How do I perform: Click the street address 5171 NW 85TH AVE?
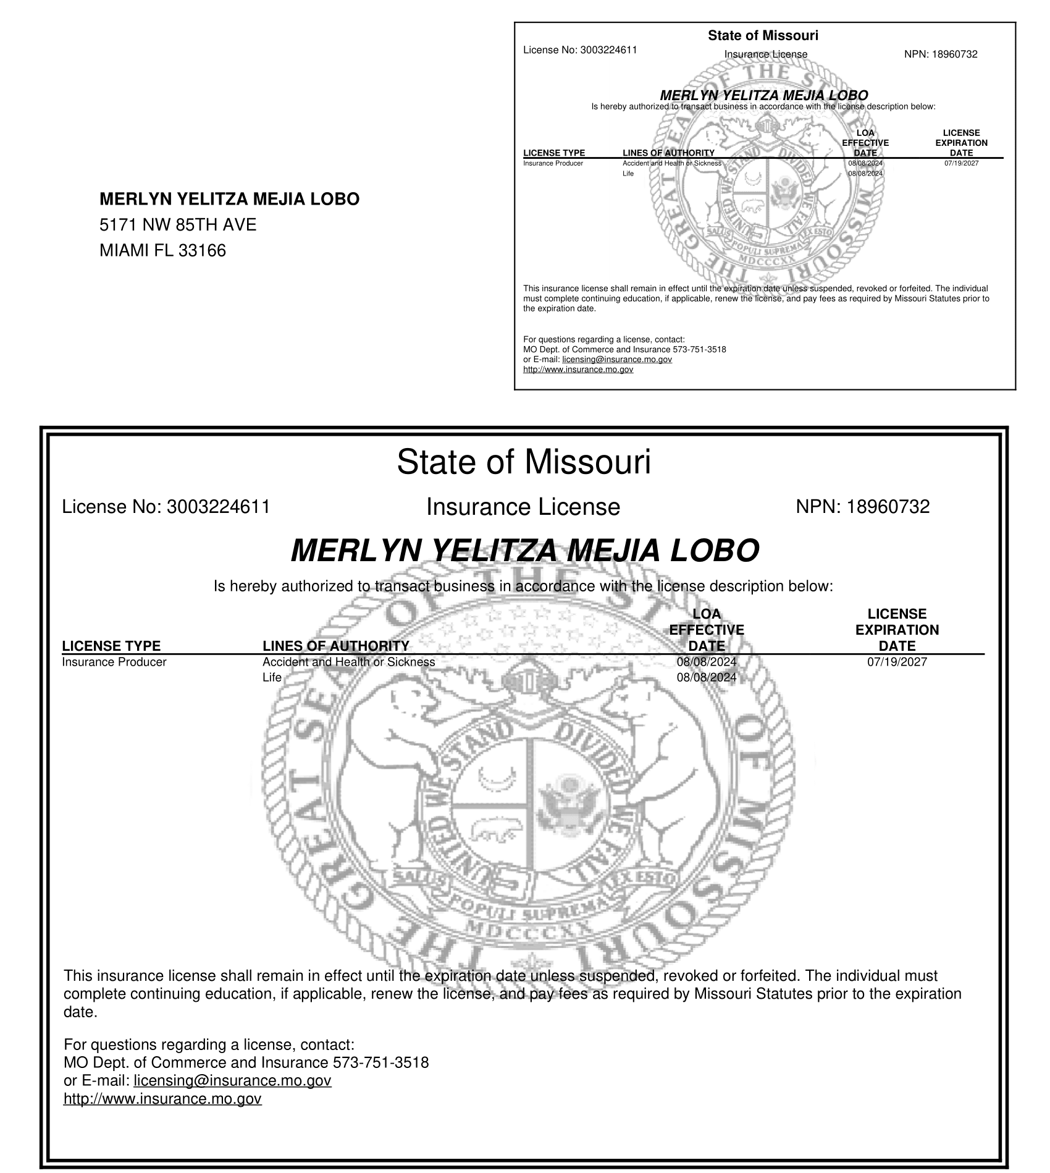[x=178, y=225]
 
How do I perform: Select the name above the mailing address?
[x=229, y=199]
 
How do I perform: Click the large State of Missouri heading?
[x=524, y=462]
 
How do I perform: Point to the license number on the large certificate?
[x=219, y=507]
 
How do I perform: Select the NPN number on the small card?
[x=954, y=54]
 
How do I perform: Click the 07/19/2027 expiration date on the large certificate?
[x=897, y=662]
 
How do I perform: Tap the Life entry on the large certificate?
[x=272, y=677]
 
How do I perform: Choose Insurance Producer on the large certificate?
[x=114, y=662]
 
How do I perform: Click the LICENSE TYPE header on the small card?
[x=554, y=153]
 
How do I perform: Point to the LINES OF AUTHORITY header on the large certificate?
[x=335, y=646]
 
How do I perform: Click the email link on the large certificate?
[x=232, y=1080]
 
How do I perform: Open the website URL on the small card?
[x=578, y=370]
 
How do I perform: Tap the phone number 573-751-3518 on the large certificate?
[x=380, y=1062]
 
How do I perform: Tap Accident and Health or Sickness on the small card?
[x=671, y=163]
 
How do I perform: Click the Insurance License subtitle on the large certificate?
[x=523, y=507]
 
